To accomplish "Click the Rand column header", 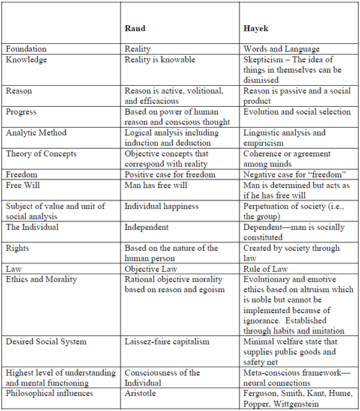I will [135, 28].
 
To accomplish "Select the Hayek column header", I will [257, 28].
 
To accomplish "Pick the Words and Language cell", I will [281, 49].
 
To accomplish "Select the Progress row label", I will [22, 112].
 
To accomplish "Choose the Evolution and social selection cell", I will [297, 112].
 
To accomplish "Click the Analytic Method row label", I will [36, 133].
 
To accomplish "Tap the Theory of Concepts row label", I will [41, 154].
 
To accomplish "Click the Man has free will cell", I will [156, 185].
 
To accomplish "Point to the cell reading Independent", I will [146, 227].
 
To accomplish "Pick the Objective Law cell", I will [151, 269].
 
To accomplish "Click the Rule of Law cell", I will [266, 269].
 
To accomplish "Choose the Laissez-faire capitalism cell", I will [167, 341].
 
